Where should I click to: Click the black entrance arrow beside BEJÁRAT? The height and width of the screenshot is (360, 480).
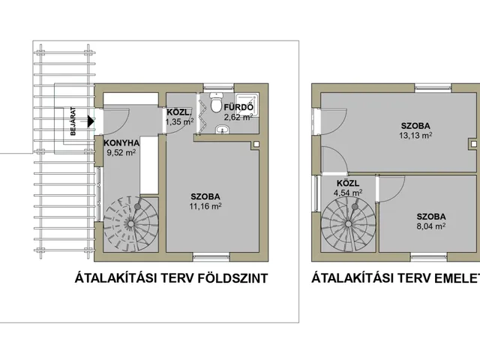[90, 121]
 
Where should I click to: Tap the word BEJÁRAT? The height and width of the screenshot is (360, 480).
[73, 121]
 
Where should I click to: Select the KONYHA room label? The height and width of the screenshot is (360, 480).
[121, 143]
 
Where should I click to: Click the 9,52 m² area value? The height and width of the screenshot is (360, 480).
[121, 152]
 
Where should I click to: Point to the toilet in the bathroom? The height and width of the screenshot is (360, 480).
[217, 103]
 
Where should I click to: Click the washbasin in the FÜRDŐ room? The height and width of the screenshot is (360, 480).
[222, 130]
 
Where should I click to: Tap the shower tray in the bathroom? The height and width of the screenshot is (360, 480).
[247, 105]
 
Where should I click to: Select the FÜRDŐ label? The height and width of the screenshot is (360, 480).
[238, 107]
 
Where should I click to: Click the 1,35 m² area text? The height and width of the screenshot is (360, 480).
[180, 121]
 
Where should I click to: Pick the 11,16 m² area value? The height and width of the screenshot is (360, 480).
[205, 206]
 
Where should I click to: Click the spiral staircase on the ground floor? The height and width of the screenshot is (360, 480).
[131, 223]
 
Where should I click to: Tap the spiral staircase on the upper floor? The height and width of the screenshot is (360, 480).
[348, 224]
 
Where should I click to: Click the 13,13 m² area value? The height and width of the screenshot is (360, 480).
[415, 135]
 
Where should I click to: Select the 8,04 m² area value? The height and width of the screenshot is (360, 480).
[431, 226]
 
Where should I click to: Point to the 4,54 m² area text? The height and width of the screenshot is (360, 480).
[348, 193]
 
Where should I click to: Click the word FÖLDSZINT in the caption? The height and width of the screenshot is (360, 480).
[232, 278]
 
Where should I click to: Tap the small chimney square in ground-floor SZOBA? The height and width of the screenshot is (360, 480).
[256, 143]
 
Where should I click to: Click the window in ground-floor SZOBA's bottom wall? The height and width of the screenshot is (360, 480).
[211, 256]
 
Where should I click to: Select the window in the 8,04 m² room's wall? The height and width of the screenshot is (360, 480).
[429, 256]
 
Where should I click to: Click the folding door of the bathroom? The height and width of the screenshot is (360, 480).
[202, 113]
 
